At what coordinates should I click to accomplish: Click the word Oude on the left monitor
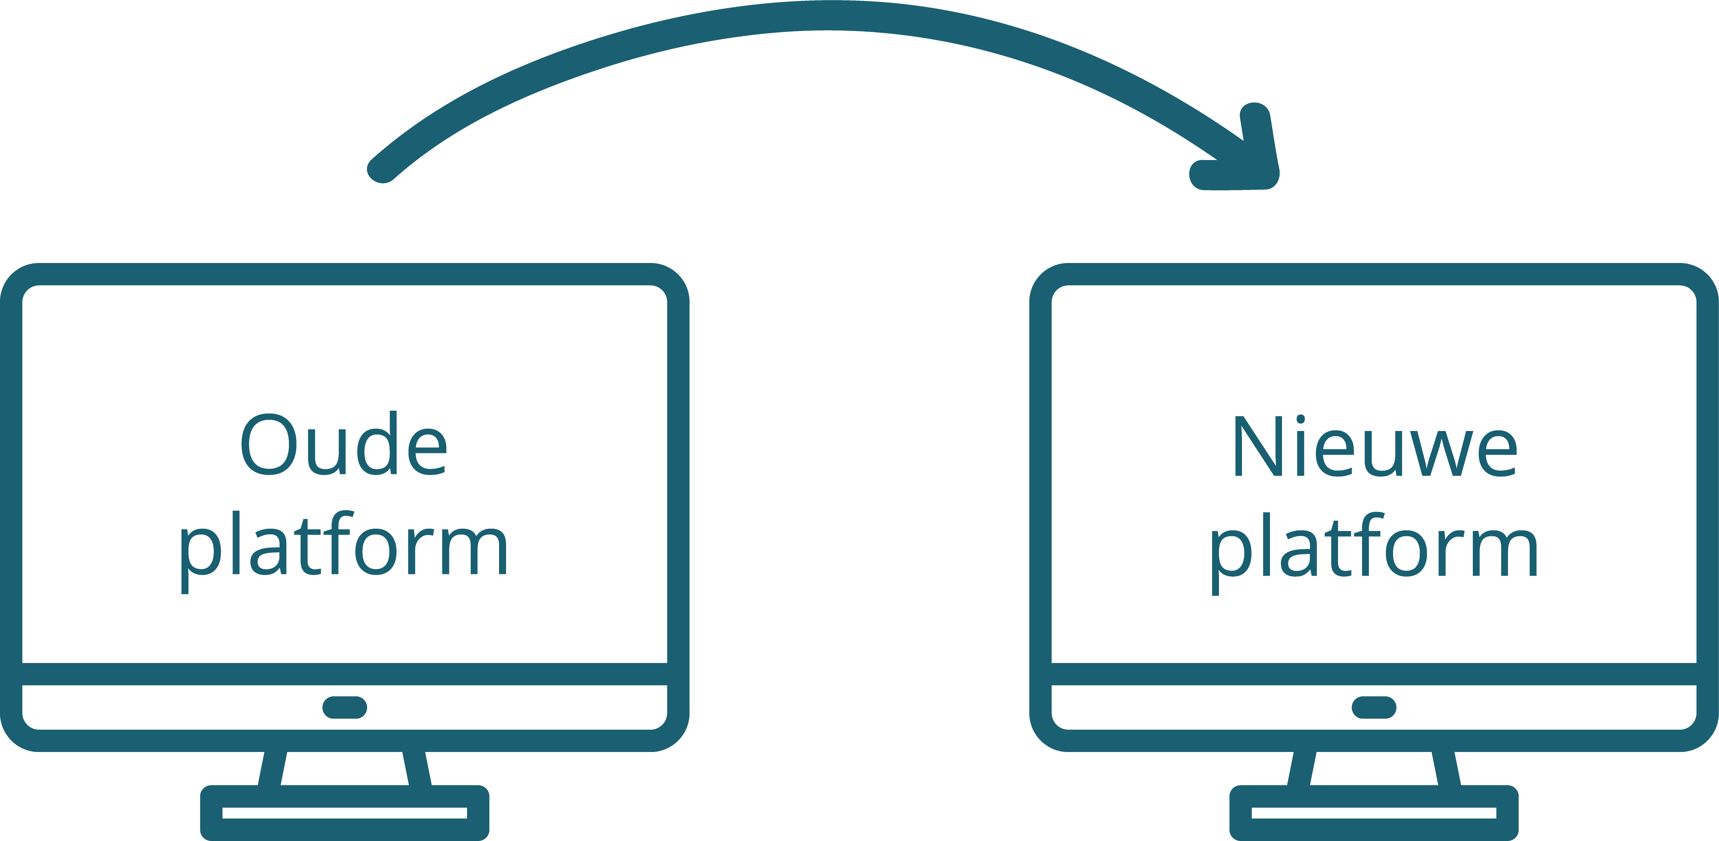pyautogui.click(x=344, y=444)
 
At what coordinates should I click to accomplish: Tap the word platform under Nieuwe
pyautogui.click(x=1375, y=554)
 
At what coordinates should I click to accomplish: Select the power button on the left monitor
pyautogui.click(x=344, y=708)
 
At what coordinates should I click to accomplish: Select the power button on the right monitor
pyautogui.click(x=1374, y=708)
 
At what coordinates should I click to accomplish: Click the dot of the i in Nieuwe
pyautogui.click(x=1301, y=419)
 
